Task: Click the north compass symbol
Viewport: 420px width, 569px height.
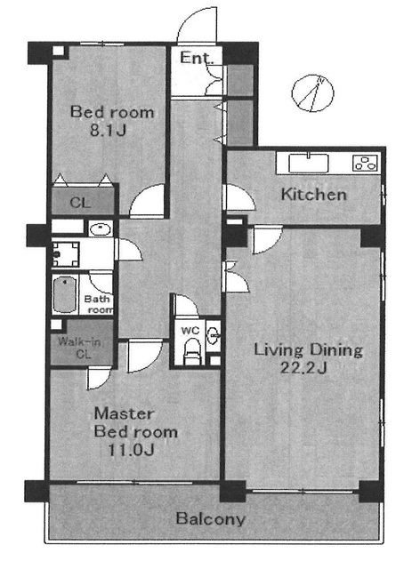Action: [312, 93]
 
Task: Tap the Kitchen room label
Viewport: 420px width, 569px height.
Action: [314, 195]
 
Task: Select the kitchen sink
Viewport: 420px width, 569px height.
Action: [309, 164]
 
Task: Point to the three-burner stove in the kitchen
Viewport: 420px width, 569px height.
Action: [366, 162]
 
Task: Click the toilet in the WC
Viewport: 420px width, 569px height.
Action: [190, 351]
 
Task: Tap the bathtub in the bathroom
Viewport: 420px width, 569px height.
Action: [65, 294]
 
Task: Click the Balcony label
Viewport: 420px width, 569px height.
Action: [211, 519]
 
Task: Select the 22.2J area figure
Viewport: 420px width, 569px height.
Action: [303, 368]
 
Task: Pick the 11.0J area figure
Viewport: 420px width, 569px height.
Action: [131, 451]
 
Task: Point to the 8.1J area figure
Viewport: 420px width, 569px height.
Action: [108, 130]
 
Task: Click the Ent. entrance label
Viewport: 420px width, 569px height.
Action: [197, 58]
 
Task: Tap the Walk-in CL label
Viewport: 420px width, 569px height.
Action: [80, 348]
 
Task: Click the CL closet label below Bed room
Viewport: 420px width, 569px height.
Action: [80, 203]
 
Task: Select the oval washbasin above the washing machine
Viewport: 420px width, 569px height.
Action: [101, 228]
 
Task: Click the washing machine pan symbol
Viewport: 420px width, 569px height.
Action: [66, 254]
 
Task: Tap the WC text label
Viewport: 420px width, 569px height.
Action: [190, 331]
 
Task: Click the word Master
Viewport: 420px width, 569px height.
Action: [125, 414]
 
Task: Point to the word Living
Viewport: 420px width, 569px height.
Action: [278, 350]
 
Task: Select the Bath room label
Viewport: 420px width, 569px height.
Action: [99, 304]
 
